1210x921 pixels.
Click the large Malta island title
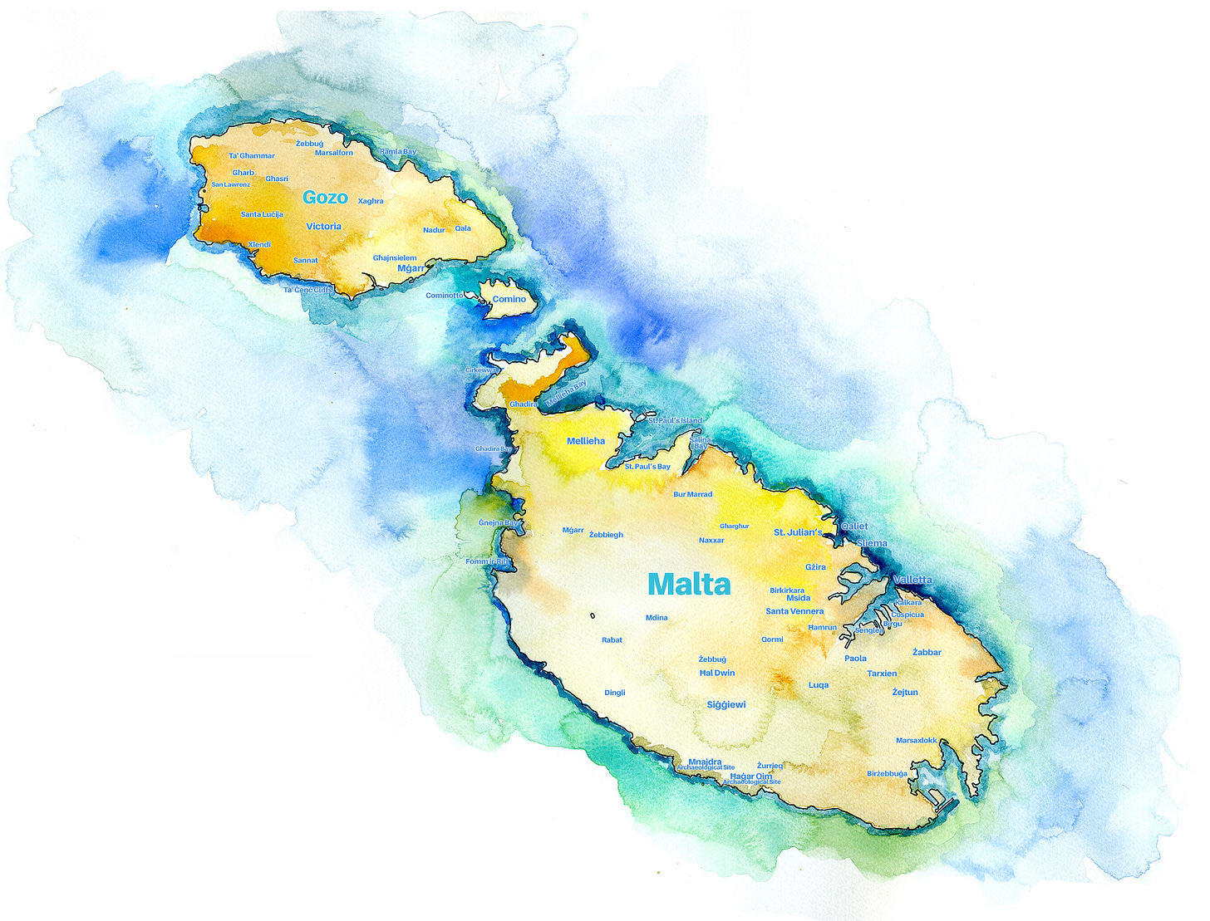coord(689,584)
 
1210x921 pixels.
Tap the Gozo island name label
coord(325,197)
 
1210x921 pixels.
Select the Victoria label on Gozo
coord(323,226)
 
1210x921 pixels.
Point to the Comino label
coord(509,299)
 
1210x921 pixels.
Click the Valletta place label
coord(912,580)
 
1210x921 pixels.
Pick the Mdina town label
coord(657,618)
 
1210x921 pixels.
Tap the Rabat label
coord(612,640)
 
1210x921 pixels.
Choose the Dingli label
coord(615,693)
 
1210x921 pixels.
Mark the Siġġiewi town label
coord(726,705)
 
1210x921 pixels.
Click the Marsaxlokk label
coord(917,741)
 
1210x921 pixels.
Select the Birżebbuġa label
coord(888,774)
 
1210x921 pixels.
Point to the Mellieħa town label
coord(586,441)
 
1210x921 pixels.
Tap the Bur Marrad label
coord(693,494)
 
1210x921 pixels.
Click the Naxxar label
coord(711,541)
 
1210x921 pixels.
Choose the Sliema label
coord(872,543)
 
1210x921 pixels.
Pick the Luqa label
coord(819,685)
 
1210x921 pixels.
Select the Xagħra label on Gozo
coord(371,201)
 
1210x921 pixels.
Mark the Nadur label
coord(434,230)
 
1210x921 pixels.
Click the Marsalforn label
coord(334,153)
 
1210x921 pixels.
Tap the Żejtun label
coord(905,692)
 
